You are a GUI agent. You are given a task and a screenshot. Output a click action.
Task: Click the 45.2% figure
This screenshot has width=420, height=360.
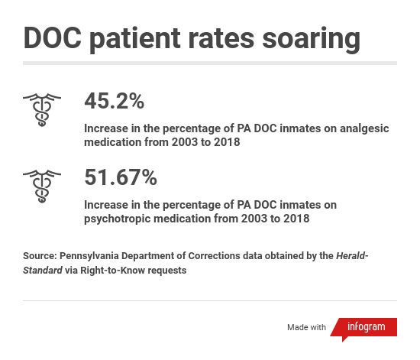coord(114,101)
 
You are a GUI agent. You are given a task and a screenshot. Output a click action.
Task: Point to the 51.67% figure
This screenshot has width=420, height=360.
coord(120,177)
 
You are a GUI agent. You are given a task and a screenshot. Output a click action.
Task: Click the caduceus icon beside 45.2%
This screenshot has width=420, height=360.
coord(42,109)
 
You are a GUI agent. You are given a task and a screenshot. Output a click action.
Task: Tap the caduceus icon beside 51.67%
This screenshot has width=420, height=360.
coord(42,185)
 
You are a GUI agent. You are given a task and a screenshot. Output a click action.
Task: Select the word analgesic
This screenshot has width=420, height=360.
coord(362,128)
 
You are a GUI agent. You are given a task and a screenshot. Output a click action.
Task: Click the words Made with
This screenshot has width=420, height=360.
coord(306,327)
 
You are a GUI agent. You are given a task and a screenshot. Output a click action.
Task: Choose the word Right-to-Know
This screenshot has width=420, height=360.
coord(116,270)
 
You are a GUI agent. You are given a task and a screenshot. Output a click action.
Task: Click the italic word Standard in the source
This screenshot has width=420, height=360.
coord(43,270)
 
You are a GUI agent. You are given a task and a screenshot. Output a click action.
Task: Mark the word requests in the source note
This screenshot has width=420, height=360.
coord(169,270)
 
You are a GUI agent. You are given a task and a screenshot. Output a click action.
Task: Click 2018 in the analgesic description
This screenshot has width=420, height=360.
coord(227,142)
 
